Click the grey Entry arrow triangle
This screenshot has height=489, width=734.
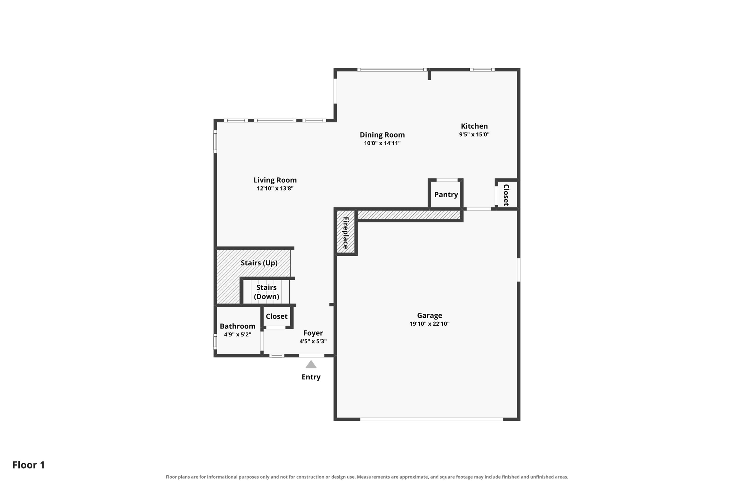pyautogui.click(x=311, y=364)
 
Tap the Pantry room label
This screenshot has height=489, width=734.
pyautogui.click(x=446, y=195)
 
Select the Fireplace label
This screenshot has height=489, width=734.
pyautogui.click(x=345, y=233)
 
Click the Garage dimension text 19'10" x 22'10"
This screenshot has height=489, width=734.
pyautogui.click(x=429, y=324)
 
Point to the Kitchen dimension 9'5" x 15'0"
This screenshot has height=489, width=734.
pyautogui.click(x=474, y=135)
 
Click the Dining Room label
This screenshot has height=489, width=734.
pyautogui.click(x=382, y=135)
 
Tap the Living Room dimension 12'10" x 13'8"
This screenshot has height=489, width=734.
pyautogui.click(x=275, y=188)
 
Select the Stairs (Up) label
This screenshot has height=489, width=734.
pyautogui.click(x=259, y=263)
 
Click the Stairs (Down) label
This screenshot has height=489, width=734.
pyautogui.click(x=266, y=292)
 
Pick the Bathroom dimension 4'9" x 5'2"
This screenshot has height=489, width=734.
pyautogui.click(x=237, y=335)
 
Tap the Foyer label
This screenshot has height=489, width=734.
pyautogui.click(x=313, y=333)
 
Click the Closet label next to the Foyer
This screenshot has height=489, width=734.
pyautogui.click(x=276, y=316)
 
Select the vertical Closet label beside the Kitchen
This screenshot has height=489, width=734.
pyautogui.click(x=506, y=195)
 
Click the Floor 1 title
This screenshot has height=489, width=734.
pyautogui.click(x=29, y=465)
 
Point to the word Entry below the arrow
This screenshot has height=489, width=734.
pyautogui.click(x=311, y=377)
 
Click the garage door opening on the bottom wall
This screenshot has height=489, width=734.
pyautogui.click(x=432, y=419)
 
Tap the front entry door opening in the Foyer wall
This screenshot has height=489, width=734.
pyautogui.click(x=311, y=356)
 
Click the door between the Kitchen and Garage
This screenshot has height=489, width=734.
pyautogui.click(x=478, y=209)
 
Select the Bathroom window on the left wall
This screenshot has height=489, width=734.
pyautogui.click(x=215, y=341)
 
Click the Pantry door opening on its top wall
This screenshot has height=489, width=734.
pyautogui.click(x=447, y=180)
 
